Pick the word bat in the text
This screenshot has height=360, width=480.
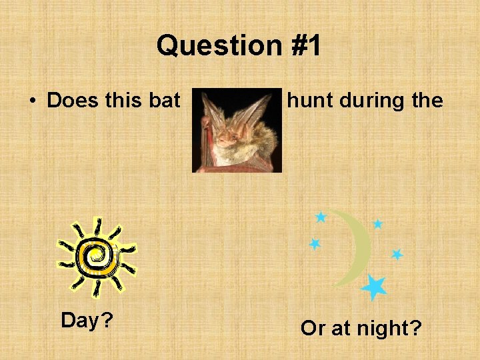(164, 101)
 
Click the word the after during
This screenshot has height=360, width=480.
(427, 101)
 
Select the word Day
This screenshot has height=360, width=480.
(81, 321)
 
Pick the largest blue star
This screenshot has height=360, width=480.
(374, 287)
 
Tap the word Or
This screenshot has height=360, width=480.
(313, 328)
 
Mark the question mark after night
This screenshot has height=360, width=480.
(416, 328)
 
